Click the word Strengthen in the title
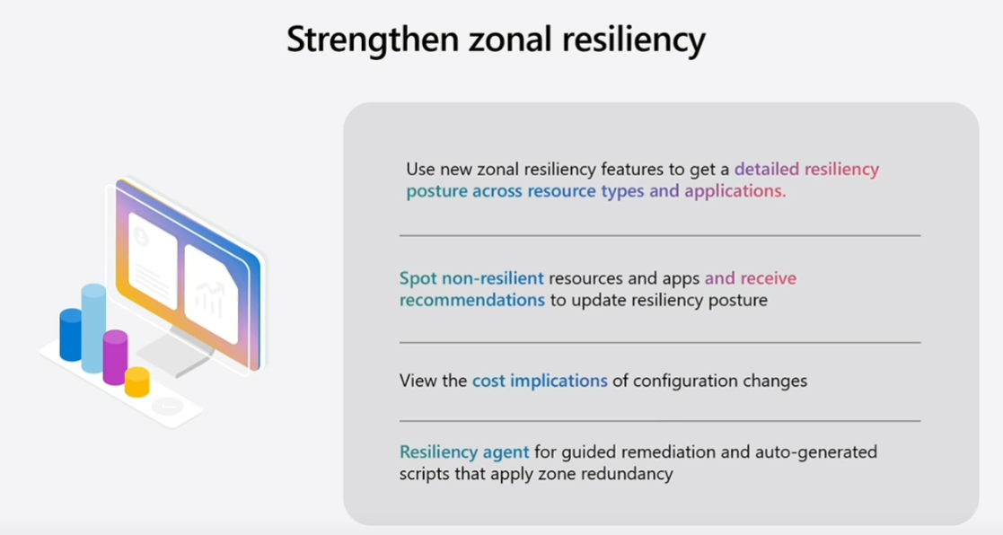coord(373,39)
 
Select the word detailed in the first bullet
coord(767,169)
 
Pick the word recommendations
coord(472,301)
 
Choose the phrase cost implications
coord(540,381)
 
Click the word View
coord(416,381)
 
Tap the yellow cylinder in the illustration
coord(136,382)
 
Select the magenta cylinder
coord(115,357)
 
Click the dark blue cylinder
coord(71,335)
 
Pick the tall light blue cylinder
coord(93,328)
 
